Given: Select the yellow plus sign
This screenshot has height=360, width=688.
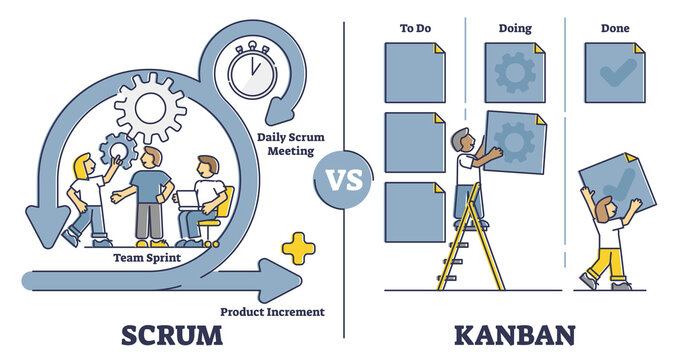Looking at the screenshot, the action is [297, 247].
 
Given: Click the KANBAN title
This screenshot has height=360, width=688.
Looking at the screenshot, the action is [513, 332].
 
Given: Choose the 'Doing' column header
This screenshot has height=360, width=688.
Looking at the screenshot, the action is [514, 29].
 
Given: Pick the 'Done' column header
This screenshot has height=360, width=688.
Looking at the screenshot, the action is [616, 29].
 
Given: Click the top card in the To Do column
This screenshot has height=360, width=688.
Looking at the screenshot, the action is [414, 73].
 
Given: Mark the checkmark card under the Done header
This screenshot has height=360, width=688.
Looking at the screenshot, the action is [616, 73].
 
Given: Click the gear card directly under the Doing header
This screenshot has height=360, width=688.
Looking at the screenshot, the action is [515, 73].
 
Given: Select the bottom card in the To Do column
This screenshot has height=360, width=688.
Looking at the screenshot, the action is [414, 211].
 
